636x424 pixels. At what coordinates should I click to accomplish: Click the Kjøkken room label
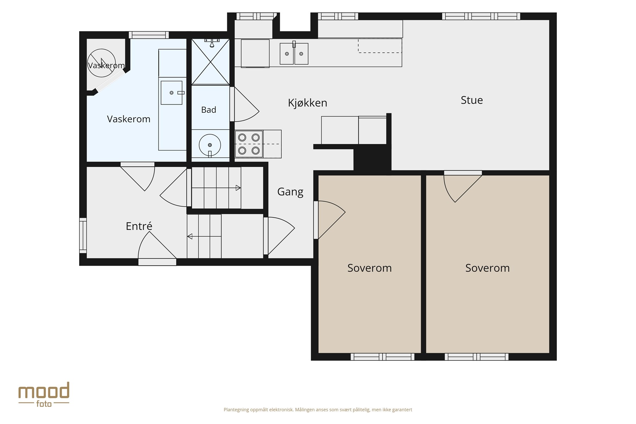tap(307, 103)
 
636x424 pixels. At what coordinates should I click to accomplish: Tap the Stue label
tap(472, 100)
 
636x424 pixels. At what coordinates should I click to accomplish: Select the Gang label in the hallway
tap(290, 192)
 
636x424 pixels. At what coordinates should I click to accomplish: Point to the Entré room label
tap(139, 226)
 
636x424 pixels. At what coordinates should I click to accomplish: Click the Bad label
tap(208, 110)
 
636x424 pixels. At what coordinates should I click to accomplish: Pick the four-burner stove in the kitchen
tap(249, 144)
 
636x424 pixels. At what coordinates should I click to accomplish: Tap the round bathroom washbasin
tap(210, 145)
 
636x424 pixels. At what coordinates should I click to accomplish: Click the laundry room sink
tap(172, 93)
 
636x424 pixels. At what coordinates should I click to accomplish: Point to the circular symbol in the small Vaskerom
tap(101, 63)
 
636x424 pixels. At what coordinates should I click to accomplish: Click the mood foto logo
tap(44, 394)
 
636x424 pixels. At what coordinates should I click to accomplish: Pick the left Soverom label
tap(370, 268)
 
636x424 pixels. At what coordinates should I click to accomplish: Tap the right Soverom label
tap(488, 268)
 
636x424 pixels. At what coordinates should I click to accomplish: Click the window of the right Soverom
tap(477, 357)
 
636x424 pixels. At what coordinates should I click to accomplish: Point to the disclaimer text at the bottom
tap(318, 410)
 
